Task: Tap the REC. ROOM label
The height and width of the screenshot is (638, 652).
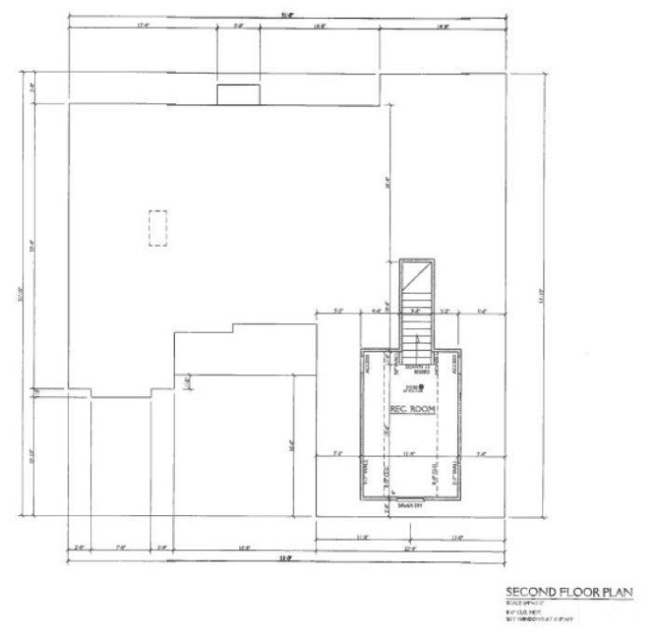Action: click(412, 408)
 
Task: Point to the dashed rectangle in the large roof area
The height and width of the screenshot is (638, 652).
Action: click(158, 227)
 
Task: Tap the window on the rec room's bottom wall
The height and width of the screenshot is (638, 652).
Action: click(409, 498)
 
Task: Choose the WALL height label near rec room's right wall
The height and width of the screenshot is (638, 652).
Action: click(456, 470)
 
